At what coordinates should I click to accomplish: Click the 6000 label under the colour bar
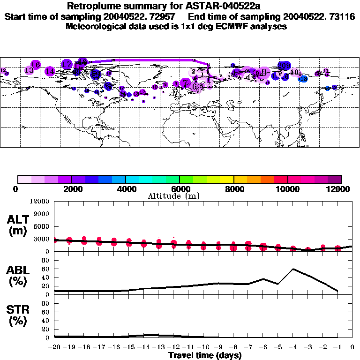179,189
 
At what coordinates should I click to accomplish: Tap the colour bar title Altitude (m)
174,196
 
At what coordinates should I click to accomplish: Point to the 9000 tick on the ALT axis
42,214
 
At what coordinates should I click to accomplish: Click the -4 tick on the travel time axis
292,347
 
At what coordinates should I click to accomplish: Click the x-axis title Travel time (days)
205,355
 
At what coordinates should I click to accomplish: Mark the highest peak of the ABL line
293,269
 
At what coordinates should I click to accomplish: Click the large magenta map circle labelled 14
50,71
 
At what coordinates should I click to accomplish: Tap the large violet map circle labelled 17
67,64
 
